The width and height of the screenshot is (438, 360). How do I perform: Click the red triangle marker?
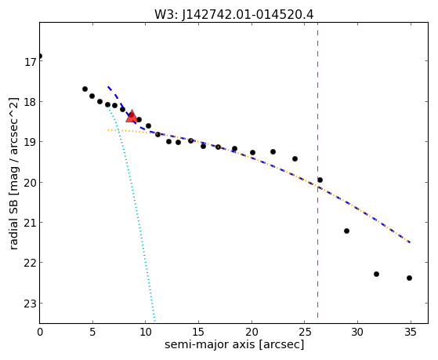pyautogui.click(x=132, y=116)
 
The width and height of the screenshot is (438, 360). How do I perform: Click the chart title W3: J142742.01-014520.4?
pyautogui.click(x=234, y=15)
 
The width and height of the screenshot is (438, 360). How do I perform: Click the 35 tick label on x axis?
pyautogui.click(x=410, y=333)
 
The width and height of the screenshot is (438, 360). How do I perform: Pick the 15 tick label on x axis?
pyautogui.click(x=198, y=333)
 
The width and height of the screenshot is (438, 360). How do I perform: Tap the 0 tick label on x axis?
pyautogui.click(x=40, y=333)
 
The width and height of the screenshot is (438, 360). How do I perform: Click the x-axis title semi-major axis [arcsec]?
pyautogui.click(x=234, y=344)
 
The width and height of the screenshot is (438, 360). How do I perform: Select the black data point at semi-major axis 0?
pyautogui.click(x=40, y=56)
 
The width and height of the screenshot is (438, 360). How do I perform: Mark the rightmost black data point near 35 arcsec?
pyautogui.click(x=409, y=278)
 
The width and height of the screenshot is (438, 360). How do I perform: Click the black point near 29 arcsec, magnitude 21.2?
pyautogui.click(x=346, y=231)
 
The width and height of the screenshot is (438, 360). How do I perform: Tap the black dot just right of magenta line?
pyautogui.click(x=320, y=180)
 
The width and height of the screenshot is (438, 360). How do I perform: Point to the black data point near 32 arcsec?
pyautogui.click(x=376, y=275)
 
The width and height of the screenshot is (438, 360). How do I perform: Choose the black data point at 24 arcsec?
pyautogui.click(x=295, y=159)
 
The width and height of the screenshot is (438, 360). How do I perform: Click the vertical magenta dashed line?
pyautogui.click(x=317, y=171)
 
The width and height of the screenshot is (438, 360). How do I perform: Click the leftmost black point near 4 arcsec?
pyautogui.click(x=85, y=89)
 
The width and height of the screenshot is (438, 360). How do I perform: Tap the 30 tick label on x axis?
pyautogui.click(x=357, y=333)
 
